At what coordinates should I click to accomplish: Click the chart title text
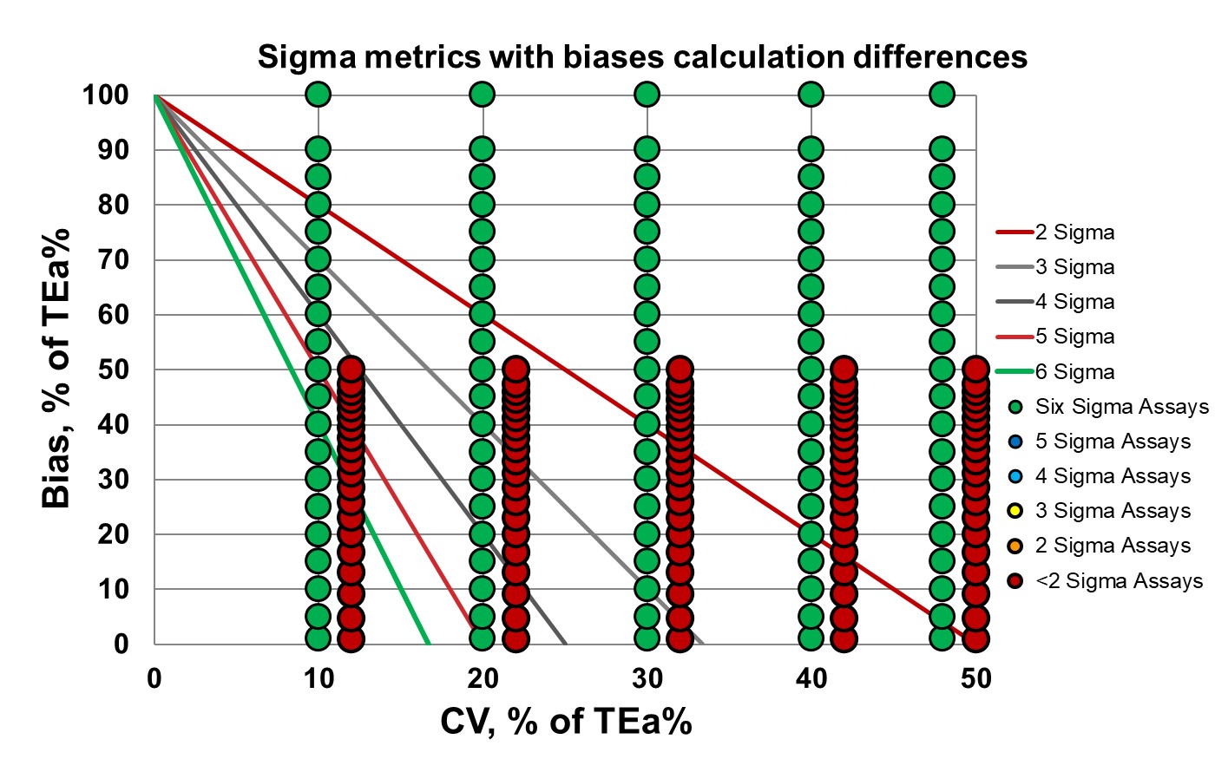(642, 56)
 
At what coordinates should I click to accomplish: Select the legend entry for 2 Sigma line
(1074, 232)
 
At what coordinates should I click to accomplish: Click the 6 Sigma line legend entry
(1074, 372)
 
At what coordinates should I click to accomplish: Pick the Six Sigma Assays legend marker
(1015, 407)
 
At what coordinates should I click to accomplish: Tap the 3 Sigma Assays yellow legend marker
(1015, 511)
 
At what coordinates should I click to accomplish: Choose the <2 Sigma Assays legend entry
(1119, 581)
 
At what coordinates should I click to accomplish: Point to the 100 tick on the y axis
(106, 95)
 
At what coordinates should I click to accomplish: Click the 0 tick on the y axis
(121, 644)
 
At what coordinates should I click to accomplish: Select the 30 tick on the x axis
(647, 678)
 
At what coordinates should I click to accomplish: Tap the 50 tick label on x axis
(975, 678)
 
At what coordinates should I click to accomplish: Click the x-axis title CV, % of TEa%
(566, 721)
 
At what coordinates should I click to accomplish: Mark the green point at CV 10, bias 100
(318, 94)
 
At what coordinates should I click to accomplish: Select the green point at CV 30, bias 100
(647, 94)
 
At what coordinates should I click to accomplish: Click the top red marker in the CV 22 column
(515, 369)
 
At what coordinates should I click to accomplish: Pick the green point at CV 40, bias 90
(811, 149)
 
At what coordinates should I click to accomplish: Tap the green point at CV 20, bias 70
(483, 259)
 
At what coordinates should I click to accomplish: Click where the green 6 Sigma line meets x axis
(429, 644)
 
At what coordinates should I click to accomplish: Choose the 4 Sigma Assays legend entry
(1113, 476)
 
